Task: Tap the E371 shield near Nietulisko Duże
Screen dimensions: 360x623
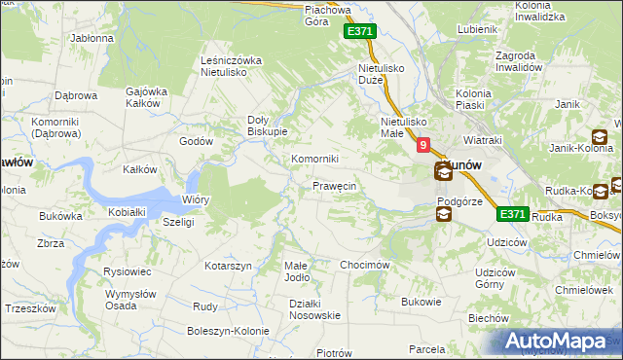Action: coord(359,32)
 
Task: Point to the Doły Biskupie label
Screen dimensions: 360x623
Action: coord(266,126)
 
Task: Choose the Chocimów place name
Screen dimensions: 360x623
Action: coord(365,265)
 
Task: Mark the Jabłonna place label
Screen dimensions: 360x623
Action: coord(92,38)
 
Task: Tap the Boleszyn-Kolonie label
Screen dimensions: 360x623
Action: coord(225,331)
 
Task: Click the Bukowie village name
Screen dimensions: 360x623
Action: coord(421,302)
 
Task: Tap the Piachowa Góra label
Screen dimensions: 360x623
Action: coord(327,15)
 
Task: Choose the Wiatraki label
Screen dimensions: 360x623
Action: coord(483,139)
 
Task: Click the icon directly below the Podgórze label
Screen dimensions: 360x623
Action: coord(444,214)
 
